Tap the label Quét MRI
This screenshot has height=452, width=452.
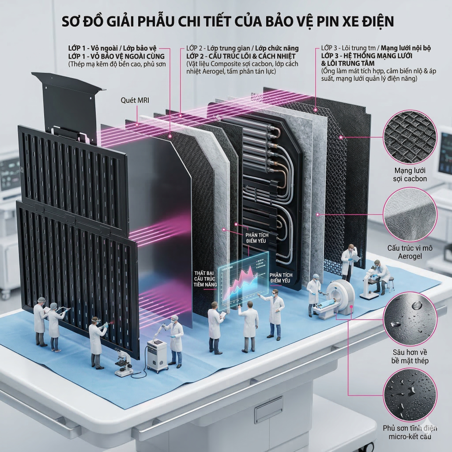coord(135,100)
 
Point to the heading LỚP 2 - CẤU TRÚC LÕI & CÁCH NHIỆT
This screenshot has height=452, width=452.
coord(241,56)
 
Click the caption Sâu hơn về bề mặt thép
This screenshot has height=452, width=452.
coord(410,356)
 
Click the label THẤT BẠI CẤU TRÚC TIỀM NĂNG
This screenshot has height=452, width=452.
coord(206,279)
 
